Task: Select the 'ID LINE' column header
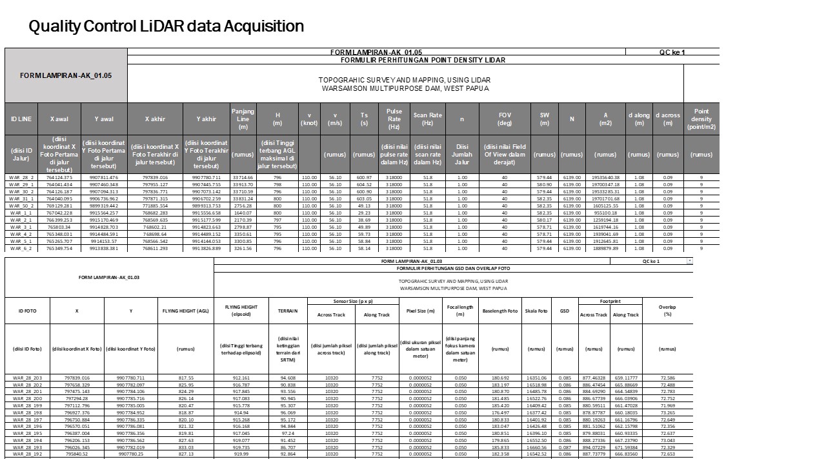click(21, 119)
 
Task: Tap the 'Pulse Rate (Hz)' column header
click(394, 119)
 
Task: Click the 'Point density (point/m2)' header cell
click(701, 119)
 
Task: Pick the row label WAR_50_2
click(21, 206)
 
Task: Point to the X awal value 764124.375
click(59, 177)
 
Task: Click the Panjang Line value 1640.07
click(243, 213)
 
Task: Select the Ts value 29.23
click(364, 213)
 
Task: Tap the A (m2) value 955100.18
click(605, 213)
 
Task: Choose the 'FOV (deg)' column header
click(505, 119)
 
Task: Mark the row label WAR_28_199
click(28, 405)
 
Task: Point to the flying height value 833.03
click(185, 447)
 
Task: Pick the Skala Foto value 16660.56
click(536, 447)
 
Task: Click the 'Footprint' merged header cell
click(610, 301)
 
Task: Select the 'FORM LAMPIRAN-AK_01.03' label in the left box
click(109, 278)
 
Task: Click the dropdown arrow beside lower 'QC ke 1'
click(689, 261)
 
